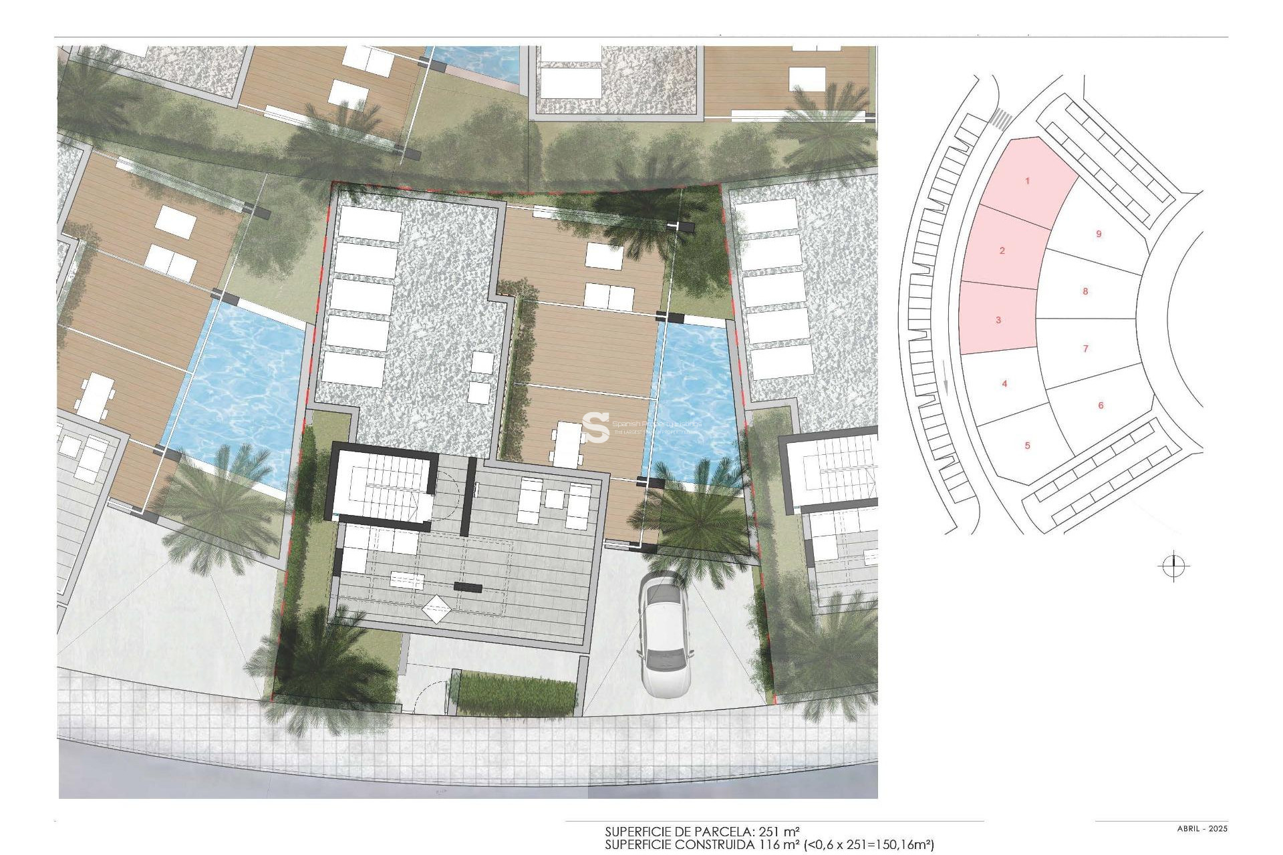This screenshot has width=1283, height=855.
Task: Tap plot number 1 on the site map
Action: (1028, 181)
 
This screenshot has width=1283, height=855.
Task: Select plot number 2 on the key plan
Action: (1002, 250)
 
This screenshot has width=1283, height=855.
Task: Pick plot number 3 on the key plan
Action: (998, 320)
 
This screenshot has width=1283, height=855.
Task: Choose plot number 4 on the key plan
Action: (1004, 383)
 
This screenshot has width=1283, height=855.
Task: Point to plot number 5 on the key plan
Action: (1027, 446)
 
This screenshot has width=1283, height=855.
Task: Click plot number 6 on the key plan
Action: (1101, 405)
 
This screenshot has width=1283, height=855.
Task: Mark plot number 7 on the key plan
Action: (1085, 348)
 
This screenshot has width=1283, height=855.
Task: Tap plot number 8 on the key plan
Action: (1085, 291)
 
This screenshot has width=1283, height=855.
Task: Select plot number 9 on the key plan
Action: (1099, 234)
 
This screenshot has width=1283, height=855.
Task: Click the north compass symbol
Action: (1173, 567)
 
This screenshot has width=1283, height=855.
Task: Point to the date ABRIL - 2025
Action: (1202, 829)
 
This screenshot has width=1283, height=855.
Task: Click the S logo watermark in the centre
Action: (595, 427)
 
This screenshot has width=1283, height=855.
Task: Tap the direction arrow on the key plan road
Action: (946, 387)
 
